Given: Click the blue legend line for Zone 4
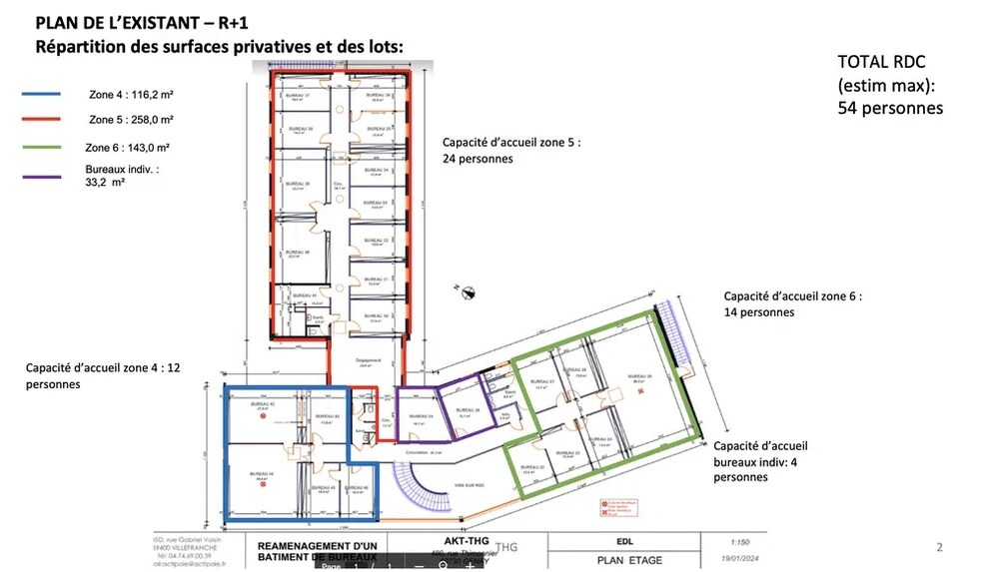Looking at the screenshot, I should (41, 94).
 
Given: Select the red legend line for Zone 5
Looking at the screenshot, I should (41, 120).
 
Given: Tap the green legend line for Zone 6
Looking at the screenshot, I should (41, 148).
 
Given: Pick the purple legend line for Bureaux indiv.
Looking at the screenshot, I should (41, 178).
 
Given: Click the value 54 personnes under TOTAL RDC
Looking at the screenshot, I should (890, 107).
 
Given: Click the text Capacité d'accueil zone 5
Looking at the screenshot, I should (510, 142).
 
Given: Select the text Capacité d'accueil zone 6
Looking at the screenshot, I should (792, 296).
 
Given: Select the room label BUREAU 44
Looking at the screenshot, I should (264, 474).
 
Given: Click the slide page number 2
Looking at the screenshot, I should (938, 547).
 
